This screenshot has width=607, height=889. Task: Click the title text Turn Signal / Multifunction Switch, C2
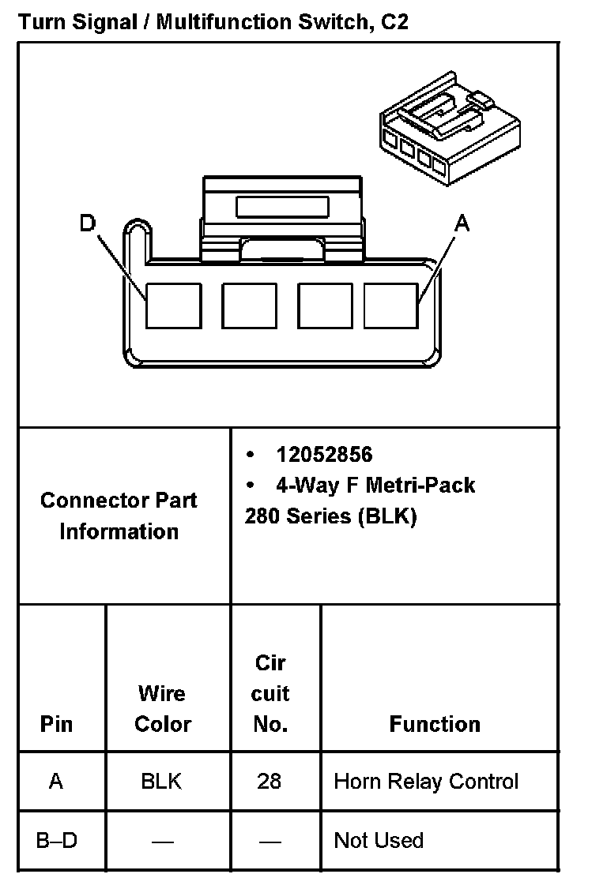point(213,21)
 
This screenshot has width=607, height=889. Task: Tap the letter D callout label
point(87,223)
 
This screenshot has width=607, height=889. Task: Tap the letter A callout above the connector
point(462,223)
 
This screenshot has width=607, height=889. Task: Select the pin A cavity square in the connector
point(390,306)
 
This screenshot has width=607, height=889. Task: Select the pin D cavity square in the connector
point(174,306)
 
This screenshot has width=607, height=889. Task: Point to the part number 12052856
point(324,455)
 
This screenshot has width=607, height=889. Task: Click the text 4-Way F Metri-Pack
point(375,485)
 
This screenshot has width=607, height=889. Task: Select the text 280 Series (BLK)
point(330,516)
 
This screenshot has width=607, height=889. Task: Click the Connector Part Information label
point(119,516)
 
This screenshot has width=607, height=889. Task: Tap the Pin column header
point(56,724)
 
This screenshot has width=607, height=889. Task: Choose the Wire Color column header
point(162,708)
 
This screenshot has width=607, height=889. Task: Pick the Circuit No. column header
point(270,693)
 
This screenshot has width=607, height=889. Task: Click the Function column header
point(435,724)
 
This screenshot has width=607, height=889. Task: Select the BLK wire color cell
point(161,782)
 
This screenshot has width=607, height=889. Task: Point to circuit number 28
point(269,782)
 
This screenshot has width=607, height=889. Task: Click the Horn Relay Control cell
point(426,782)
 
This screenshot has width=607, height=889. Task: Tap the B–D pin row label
point(57,840)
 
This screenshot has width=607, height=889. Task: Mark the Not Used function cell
point(379,840)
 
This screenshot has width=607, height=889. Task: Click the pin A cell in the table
point(56,782)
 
